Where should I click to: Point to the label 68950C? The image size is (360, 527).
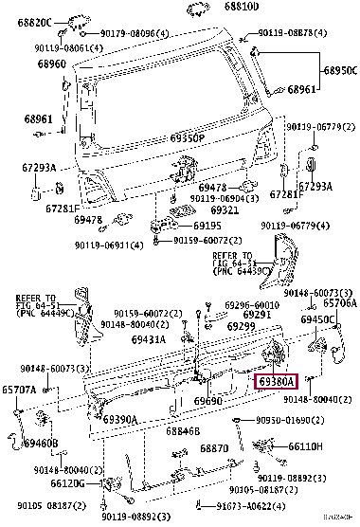[x=338, y=71]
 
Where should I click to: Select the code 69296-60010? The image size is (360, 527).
[x=251, y=304]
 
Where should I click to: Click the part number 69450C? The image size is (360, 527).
[x=317, y=319]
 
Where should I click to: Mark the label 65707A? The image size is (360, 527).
[x=18, y=390]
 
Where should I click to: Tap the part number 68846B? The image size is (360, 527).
[x=183, y=430]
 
